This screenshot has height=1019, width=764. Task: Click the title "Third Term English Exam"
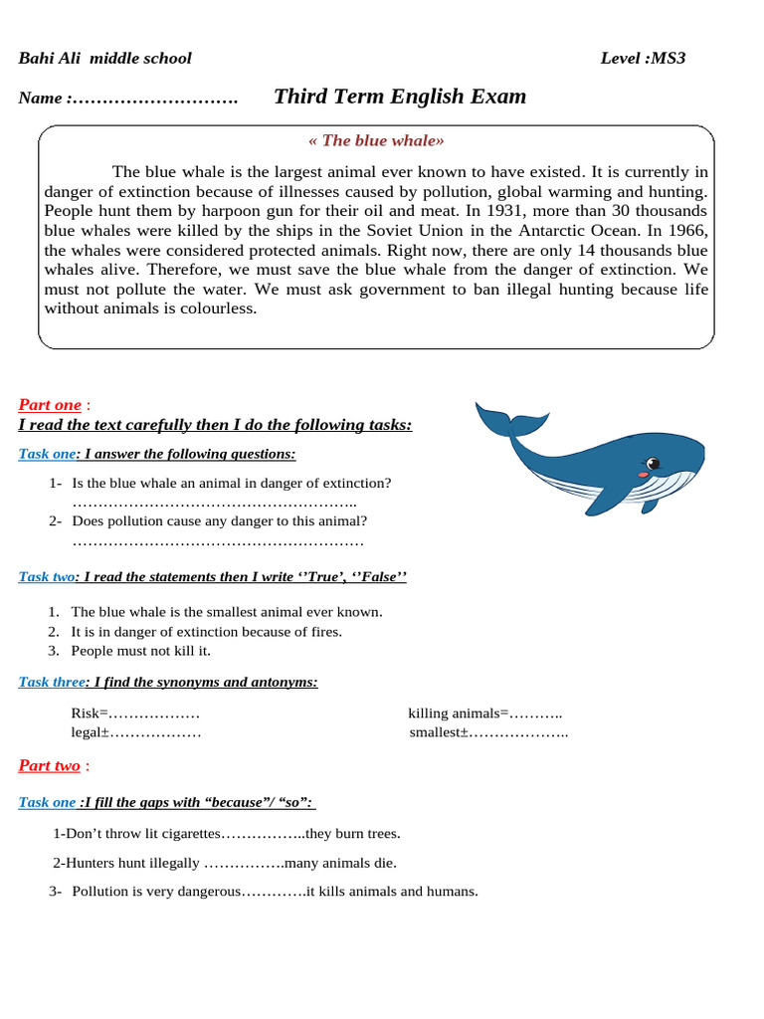[399, 97]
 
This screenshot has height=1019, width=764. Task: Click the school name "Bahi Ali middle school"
[104, 58]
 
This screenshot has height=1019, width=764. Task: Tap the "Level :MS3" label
[643, 58]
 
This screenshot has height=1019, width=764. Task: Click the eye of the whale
[653, 463]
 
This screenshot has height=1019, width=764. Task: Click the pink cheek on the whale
[643, 475]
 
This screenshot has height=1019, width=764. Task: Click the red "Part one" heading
[50, 405]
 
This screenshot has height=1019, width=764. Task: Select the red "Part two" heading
[50, 765]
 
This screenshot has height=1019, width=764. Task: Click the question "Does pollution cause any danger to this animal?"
[219, 520]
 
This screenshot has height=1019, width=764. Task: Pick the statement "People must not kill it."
[141, 651]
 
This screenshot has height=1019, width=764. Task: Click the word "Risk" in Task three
[86, 713]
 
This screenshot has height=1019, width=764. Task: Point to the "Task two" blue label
[47, 577]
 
